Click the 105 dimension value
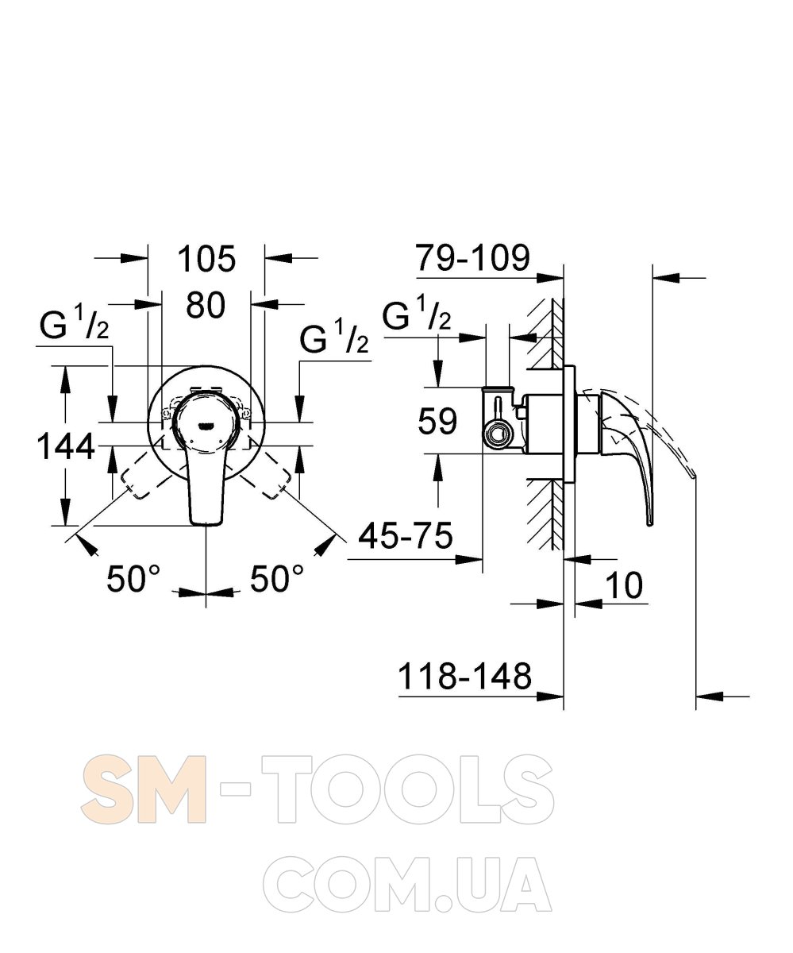coord(206,259)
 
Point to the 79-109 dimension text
coord(472,257)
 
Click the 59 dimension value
coord(437,421)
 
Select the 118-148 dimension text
coord(465,676)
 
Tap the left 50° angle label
coord(133,578)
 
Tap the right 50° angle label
coord(276,578)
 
